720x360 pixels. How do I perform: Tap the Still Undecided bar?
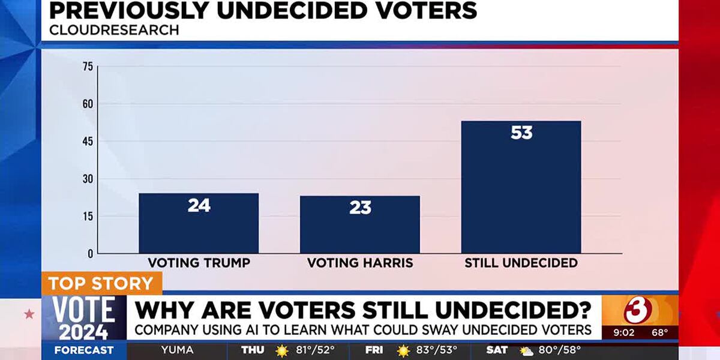point(521,192)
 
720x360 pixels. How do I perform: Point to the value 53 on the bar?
point(521,133)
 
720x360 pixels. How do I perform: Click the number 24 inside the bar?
point(199,205)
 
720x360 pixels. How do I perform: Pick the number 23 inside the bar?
point(360,208)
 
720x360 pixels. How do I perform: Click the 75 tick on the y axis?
point(88,67)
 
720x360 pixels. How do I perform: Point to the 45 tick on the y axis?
point(88,142)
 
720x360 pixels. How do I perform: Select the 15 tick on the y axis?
point(88,216)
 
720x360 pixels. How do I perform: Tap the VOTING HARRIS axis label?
point(360,263)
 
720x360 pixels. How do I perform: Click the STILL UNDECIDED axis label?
point(521,263)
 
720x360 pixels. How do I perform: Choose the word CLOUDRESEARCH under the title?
point(113,29)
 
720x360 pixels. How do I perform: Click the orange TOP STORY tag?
point(101,283)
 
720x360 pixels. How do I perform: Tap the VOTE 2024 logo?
point(83,318)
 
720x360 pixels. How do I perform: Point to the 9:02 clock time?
point(624,332)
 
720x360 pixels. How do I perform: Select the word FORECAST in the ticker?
point(84,350)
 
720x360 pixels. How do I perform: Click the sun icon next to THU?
point(281,350)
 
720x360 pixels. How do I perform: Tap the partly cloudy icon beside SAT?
point(526,350)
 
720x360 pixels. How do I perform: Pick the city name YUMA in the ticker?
point(177,350)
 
